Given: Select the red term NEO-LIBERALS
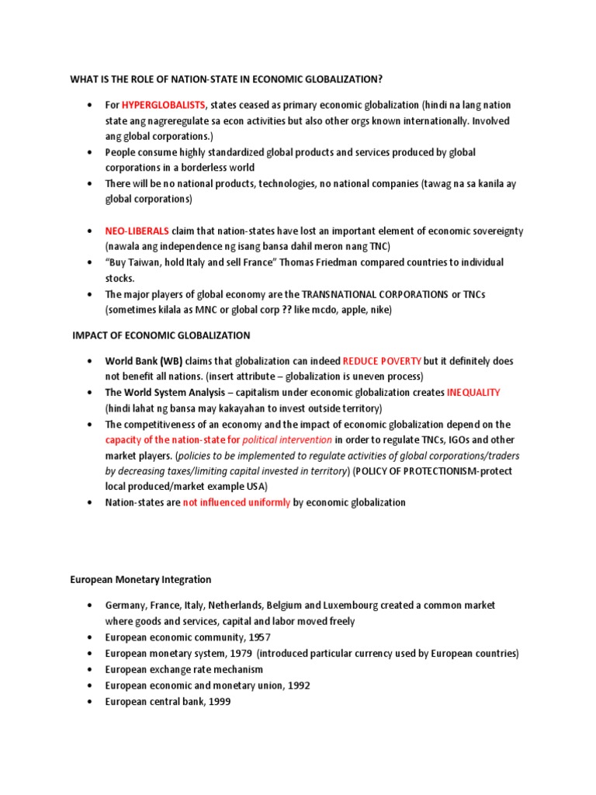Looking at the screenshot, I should [x=137, y=231].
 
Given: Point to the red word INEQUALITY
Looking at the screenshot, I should [x=473, y=393].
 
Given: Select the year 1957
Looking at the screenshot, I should [x=259, y=637].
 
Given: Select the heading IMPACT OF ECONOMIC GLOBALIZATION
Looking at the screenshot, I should [x=161, y=335].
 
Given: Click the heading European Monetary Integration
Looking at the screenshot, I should [x=140, y=579].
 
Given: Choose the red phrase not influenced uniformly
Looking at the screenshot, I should [x=236, y=502].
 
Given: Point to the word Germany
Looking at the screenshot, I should [x=126, y=606].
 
